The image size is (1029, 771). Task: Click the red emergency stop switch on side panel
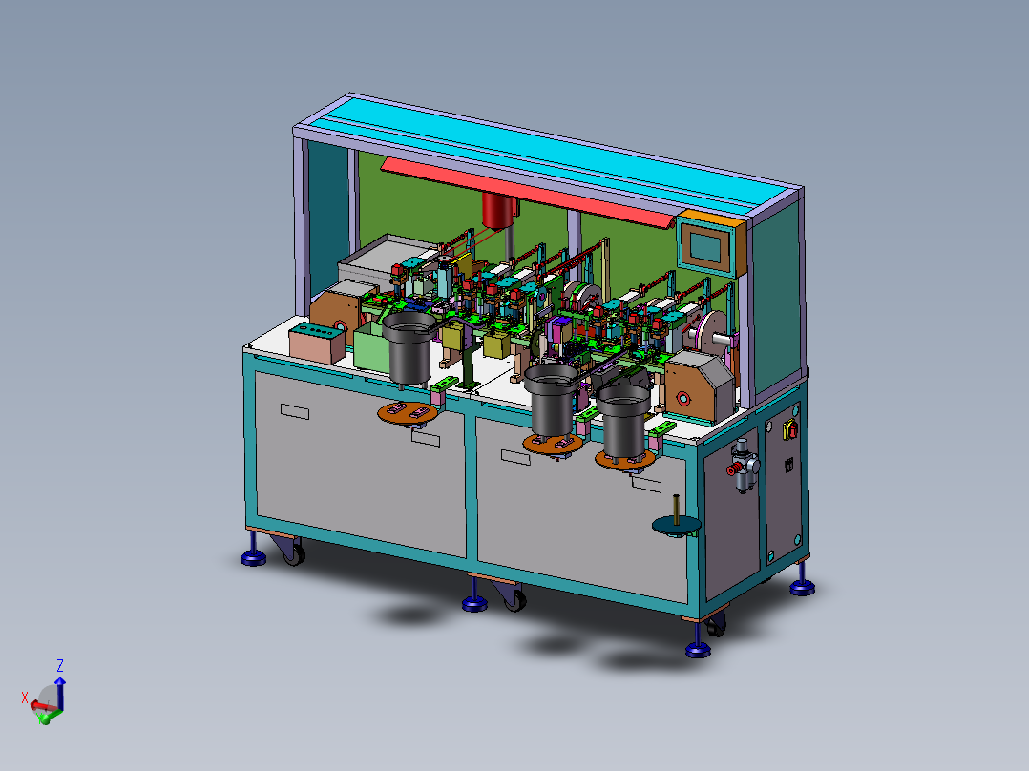point(791,430)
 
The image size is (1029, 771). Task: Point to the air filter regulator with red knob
point(744,469)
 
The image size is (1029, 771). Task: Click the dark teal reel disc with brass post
point(676,523)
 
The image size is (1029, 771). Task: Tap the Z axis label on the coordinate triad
point(60,665)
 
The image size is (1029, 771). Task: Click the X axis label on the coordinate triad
point(26,698)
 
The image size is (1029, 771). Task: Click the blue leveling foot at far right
point(803,585)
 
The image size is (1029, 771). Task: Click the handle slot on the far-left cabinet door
point(295,412)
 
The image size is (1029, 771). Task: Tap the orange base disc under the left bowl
point(408,412)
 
